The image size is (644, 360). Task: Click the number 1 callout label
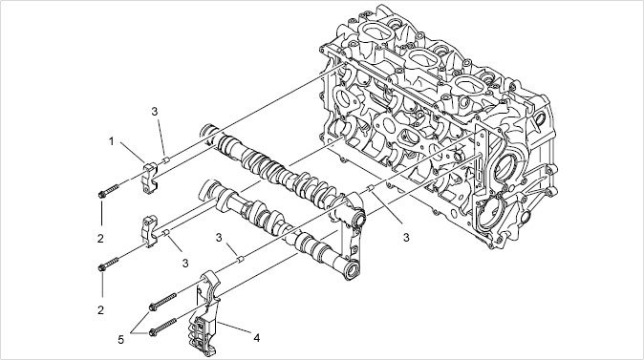point(111,141)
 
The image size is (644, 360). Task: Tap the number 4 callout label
point(257,338)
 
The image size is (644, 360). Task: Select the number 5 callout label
point(120,340)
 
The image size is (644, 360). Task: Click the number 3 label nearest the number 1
point(155,111)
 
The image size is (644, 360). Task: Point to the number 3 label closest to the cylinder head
point(406,237)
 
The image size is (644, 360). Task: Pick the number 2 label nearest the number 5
point(100,310)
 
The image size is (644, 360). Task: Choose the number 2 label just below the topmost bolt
point(100,238)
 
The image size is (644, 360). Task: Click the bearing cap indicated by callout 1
point(150,178)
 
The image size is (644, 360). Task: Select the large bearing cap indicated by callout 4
point(207,313)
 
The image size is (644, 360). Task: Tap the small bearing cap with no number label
point(149,231)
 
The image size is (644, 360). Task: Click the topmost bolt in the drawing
point(108,191)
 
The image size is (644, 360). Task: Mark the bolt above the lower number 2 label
point(108,264)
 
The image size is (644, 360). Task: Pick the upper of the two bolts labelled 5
point(162,301)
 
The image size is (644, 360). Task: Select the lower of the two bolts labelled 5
point(162,326)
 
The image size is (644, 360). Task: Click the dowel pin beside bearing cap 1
point(166,159)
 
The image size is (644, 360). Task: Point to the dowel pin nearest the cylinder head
point(370,188)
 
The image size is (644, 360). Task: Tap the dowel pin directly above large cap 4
point(241,259)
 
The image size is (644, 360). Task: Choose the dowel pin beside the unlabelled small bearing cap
point(166,233)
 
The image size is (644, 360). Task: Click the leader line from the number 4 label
point(234,328)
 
